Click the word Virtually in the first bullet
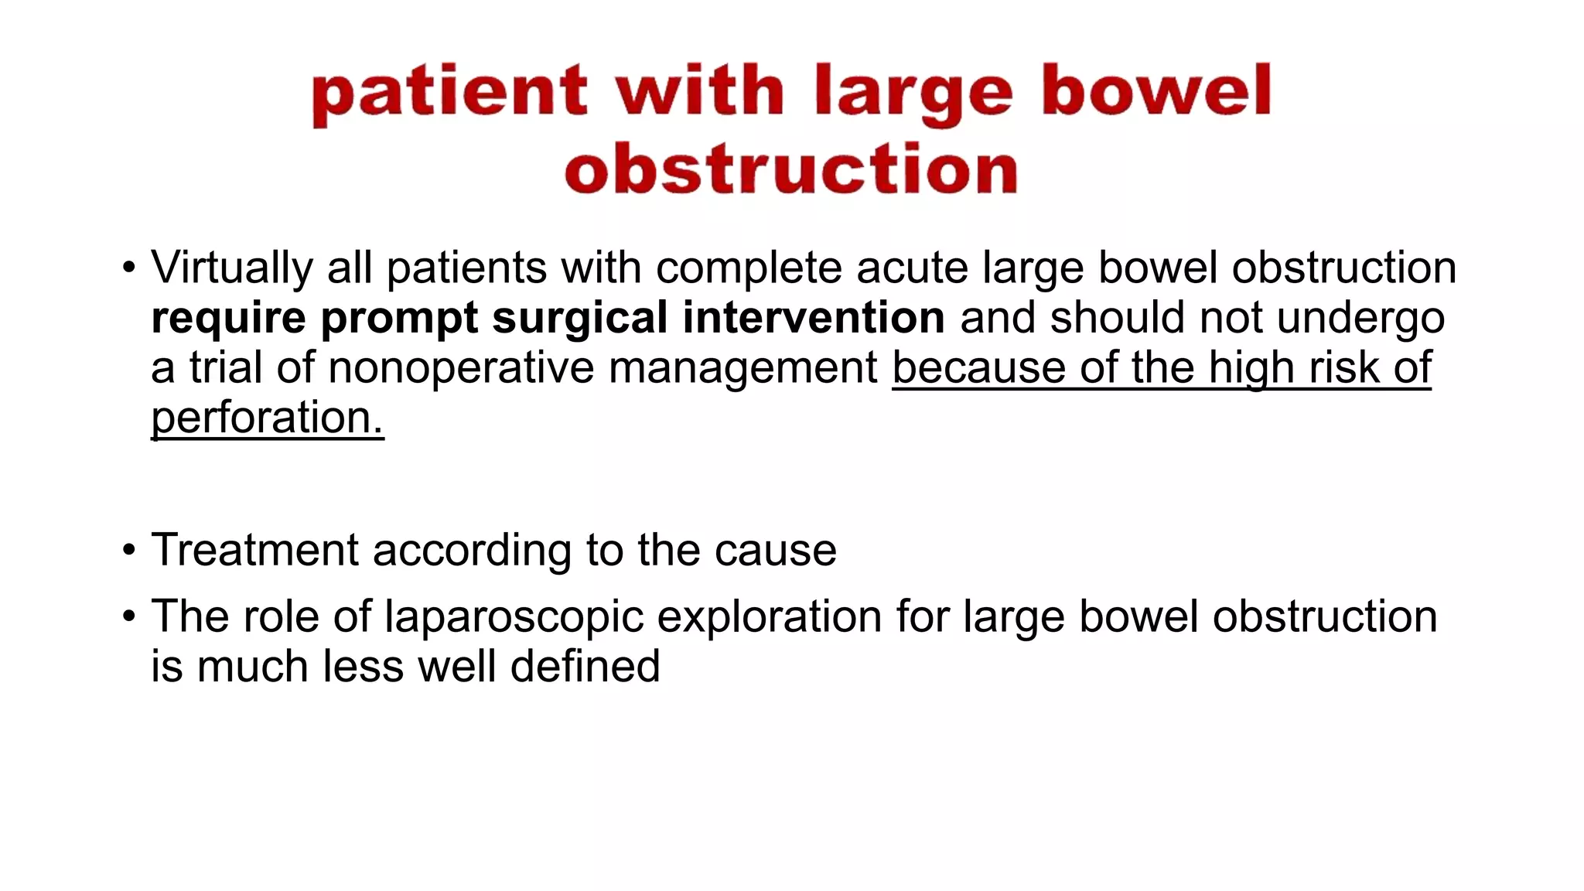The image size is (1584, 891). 231,268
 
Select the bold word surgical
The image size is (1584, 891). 579,318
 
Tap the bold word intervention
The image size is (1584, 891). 814,318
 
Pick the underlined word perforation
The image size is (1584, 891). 267,418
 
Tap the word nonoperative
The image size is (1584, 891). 461,367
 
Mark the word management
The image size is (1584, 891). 742,369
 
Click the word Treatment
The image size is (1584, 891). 254,550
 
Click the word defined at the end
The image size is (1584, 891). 585,666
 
